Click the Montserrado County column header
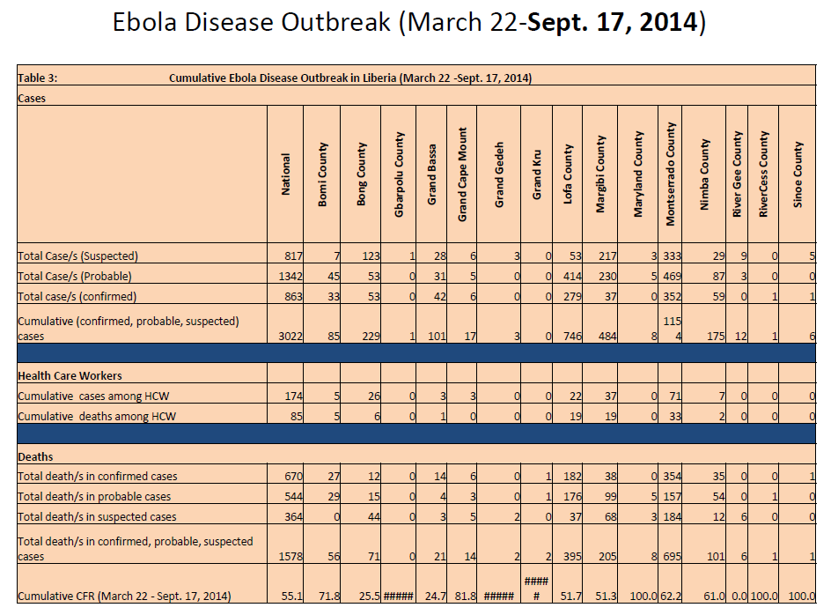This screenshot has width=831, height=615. point(671,174)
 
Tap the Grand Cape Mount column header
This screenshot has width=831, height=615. point(462,174)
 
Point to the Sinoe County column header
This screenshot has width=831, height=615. point(798,174)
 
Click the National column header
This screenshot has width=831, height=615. point(285,174)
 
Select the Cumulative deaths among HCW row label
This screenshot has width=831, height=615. point(97,416)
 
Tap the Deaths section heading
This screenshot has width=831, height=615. point(35,456)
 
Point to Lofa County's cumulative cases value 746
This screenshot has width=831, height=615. point(571,336)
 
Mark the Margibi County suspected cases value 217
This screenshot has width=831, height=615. point(607,256)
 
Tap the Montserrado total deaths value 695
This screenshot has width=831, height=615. point(672,557)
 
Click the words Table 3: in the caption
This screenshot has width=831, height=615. point(38,78)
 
